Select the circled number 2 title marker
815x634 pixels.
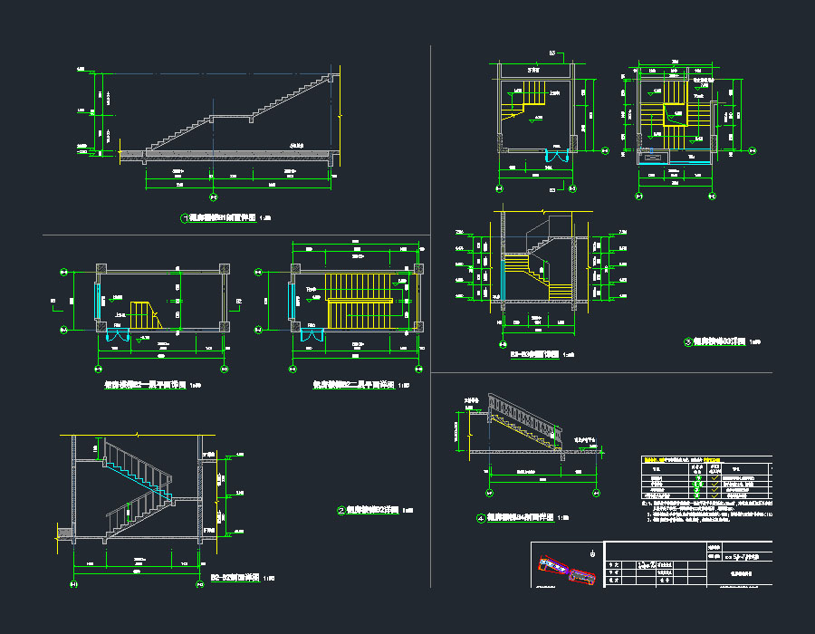click(340, 510)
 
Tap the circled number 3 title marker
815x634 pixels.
click(688, 342)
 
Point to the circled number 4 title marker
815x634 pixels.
click(481, 519)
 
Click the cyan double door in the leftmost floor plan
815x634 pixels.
click(119, 334)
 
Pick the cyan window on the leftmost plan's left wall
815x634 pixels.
click(99, 299)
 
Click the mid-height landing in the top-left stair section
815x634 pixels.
click(231, 118)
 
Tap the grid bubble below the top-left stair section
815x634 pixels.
click(213, 197)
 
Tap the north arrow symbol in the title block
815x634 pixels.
click(592, 552)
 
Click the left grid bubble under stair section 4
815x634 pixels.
click(490, 491)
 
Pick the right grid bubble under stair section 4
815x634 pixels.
click(598, 491)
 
